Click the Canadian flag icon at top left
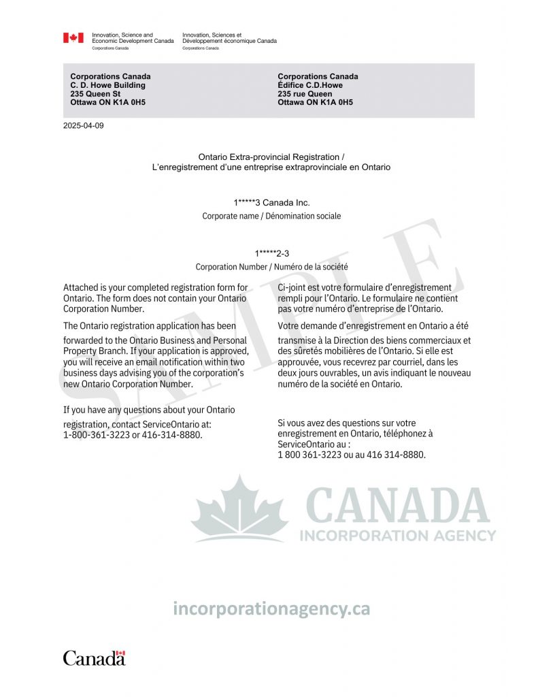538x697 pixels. click(73, 38)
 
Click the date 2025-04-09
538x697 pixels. click(84, 126)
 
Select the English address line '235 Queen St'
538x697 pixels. click(95, 94)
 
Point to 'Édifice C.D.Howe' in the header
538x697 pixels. click(310, 86)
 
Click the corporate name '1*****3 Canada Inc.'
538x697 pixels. click(271, 203)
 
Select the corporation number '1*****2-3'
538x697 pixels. click(271, 254)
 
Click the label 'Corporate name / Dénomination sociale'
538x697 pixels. click(271, 216)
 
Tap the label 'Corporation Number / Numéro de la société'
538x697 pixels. click(271, 267)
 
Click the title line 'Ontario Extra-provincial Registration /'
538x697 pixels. click(271, 157)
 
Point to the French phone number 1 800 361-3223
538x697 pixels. click(309, 455)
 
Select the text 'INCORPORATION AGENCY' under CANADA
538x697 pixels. click(398, 536)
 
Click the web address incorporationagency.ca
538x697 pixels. click(271, 609)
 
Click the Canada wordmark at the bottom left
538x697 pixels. click(95, 658)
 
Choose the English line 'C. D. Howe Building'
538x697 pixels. click(107, 86)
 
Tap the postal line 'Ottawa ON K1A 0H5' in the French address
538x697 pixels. click(316, 103)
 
